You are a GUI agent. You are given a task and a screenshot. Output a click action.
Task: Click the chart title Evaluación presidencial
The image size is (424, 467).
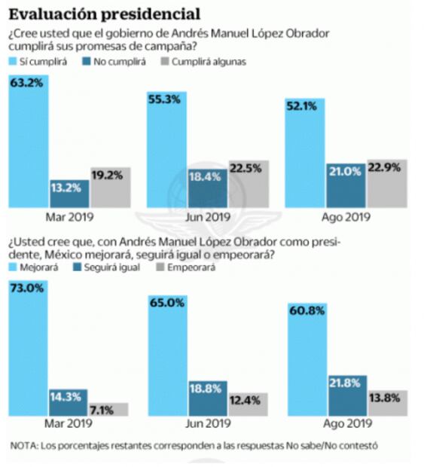coord(105,14)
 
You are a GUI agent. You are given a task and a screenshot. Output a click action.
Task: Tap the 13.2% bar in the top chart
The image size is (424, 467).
coord(69,194)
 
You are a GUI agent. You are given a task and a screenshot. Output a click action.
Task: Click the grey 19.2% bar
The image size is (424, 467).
coord(110,188)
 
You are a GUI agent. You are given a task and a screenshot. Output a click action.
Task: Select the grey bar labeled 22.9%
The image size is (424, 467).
coord(386,184)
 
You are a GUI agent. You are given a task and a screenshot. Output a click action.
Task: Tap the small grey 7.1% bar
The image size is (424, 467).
coord(110,409)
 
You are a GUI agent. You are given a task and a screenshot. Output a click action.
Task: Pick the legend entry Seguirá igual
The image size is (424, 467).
coord(113,267)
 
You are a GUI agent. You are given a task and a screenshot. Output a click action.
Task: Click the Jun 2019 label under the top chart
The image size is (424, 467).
coord(207,218)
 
